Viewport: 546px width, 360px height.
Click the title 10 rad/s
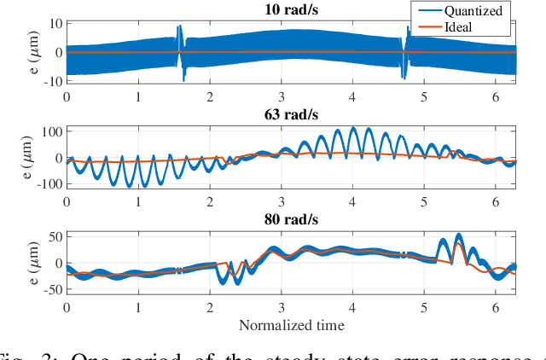pyautogui.click(x=291, y=9)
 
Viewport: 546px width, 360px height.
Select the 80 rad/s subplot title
pyautogui.click(x=291, y=219)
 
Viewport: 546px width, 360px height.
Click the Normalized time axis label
pyautogui.click(x=291, y=324)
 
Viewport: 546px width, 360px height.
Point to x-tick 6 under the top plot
pyautogui.click(x=495, y=96)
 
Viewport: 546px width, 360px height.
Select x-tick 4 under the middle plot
pyautogui.click(x=352, y=201)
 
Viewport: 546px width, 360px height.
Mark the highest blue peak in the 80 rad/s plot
pyautogui.click(x=458, y=235)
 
